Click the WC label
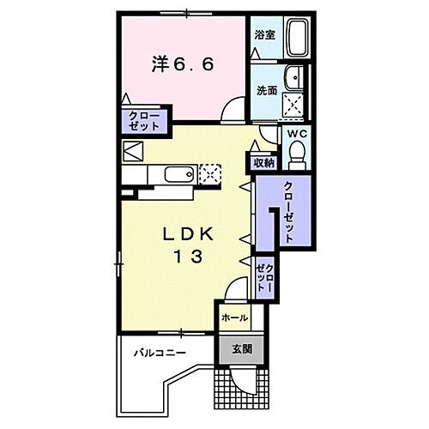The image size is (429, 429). pos(296,136)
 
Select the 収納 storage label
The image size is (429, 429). pos(263,161)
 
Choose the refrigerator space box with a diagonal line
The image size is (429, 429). pos(133,153)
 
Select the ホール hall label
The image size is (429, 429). pos(234,318)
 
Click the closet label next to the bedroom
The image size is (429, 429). pos(144,121)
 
